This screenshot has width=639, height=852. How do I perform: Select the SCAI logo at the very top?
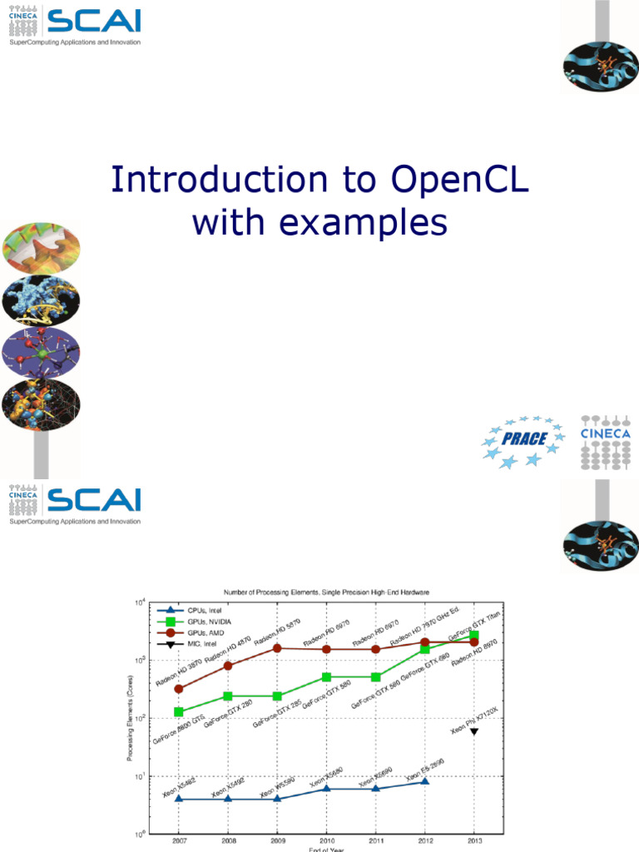click(x=75, y=25)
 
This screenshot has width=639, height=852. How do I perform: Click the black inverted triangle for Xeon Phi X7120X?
click(x=474, y=731)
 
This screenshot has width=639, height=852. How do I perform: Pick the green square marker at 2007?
click(x=178, y=712)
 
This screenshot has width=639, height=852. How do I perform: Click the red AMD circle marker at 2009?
click(x=276, y=647)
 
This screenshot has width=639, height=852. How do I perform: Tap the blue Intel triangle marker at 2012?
click(x=424, y=782)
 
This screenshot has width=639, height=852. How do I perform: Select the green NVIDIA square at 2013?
click(x=474, y=636)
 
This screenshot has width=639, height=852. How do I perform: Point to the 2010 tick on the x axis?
click(x=325, y=840)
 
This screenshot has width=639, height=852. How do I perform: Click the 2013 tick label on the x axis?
click(x=474, y=840)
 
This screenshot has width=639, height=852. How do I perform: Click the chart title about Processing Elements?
click(x=324, y=591)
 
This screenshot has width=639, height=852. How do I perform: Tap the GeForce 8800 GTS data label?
click(x=177, y=728)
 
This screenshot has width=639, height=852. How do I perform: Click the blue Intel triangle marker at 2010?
click(x=325, y=788)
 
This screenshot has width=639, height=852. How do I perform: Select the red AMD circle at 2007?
click(x=178, y=689)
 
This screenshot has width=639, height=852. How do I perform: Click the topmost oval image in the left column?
click(x=41, y=248)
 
